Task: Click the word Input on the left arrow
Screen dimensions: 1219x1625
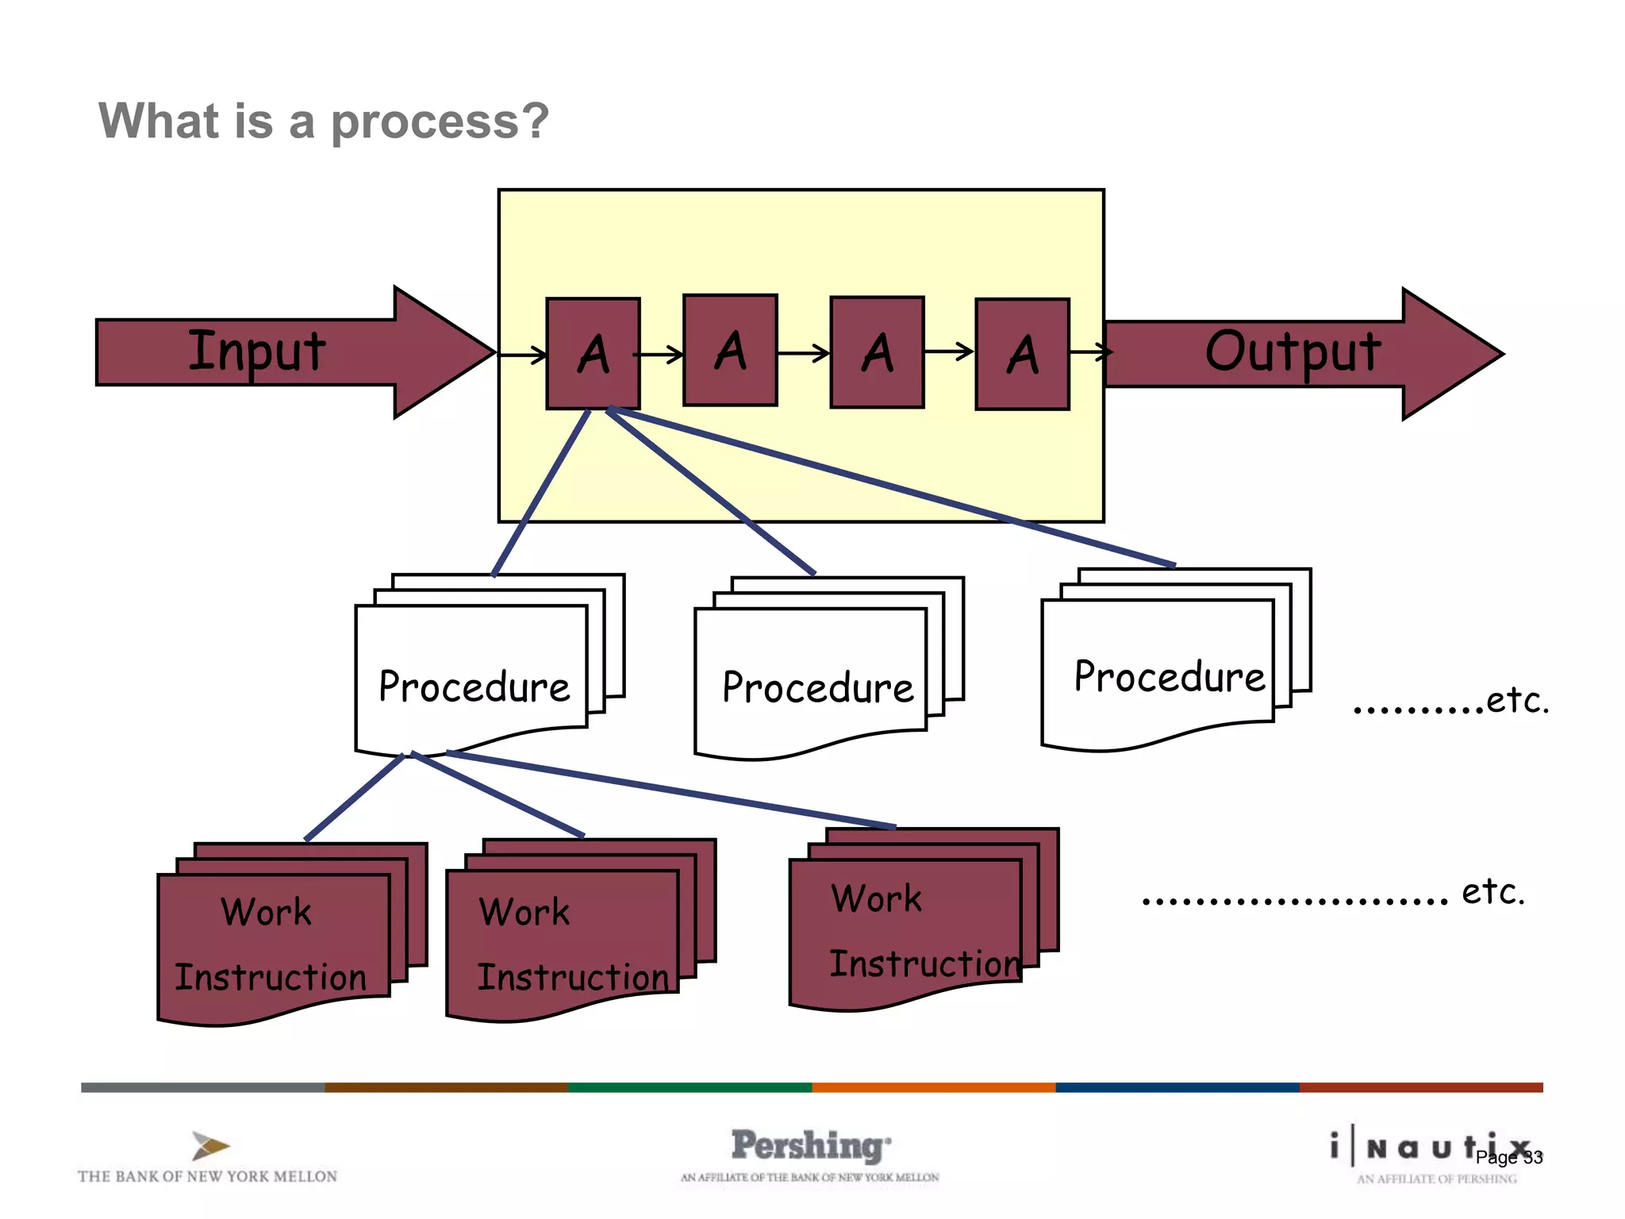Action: coord(256,352)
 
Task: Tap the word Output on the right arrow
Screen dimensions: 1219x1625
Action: coord(1293,352)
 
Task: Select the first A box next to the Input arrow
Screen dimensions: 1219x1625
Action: coord(593,354)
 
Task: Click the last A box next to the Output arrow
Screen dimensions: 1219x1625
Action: coord(1022,354)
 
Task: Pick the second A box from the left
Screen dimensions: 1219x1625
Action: coord(730,351)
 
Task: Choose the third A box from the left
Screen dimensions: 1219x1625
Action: coord(877,352)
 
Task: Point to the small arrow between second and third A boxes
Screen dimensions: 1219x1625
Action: coord(804,353)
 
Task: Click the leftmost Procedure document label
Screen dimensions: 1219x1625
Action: coord(474,687)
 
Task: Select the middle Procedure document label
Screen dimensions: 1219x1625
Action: coord(817,688)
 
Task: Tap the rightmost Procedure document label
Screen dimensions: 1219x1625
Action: coord(1169,677)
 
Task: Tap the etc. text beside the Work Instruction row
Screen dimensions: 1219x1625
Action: coord(1492,892)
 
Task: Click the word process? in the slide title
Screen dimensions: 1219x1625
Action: coord(439,121)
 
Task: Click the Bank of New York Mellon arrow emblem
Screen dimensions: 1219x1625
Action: coord(209,1145)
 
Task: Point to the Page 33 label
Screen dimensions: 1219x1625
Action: coord(1508,1158)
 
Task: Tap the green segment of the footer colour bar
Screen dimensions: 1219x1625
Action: coord(690,1087)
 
